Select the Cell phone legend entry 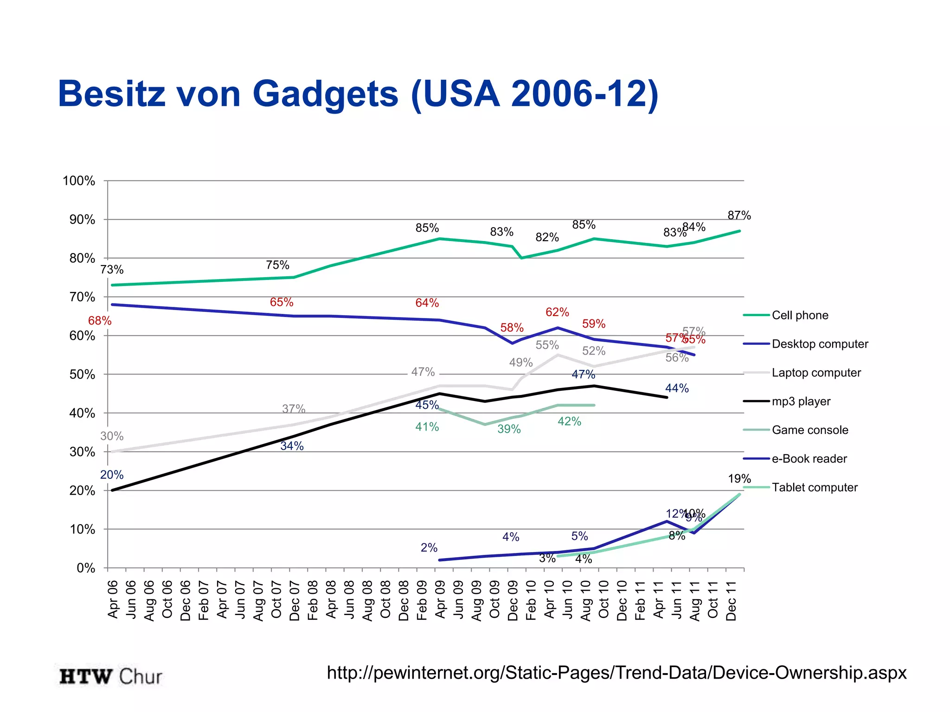tap(800, 315)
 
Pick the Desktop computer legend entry tap(820, 344)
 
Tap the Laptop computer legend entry tap(816, 373)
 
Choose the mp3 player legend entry tap(801, 401)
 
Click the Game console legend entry tap(809, 430)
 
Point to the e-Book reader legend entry tap(809, 459)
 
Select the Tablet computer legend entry tap(814, 488)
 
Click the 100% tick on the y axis tap(79, 181)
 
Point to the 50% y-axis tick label tap(82, 375)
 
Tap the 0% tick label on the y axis tap(86, 568)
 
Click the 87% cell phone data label tap(739, 216)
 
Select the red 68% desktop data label tap(100, 321)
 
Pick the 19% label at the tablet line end tap(739, 479)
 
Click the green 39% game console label tap(509, 429)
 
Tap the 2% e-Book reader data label tap(429, 548)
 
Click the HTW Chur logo tap(111, 677)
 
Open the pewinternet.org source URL tap(616, 673)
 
